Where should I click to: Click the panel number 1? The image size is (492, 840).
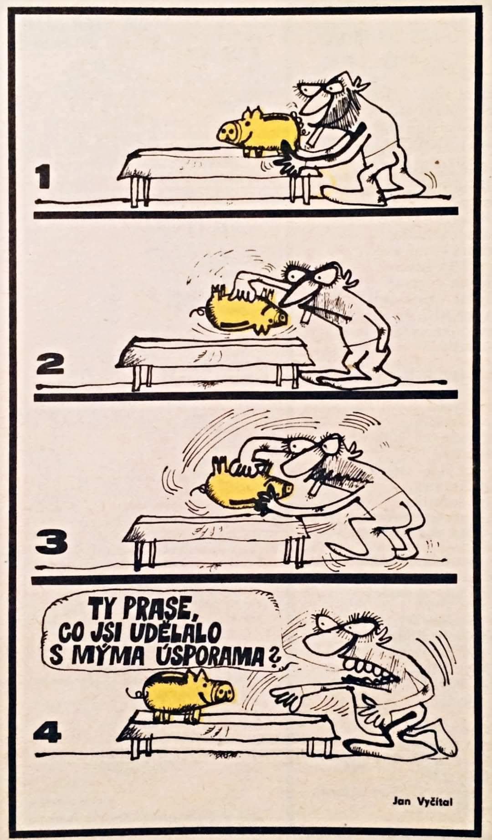[x=45, y=178]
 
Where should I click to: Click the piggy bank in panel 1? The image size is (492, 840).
[x=249, y=128]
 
